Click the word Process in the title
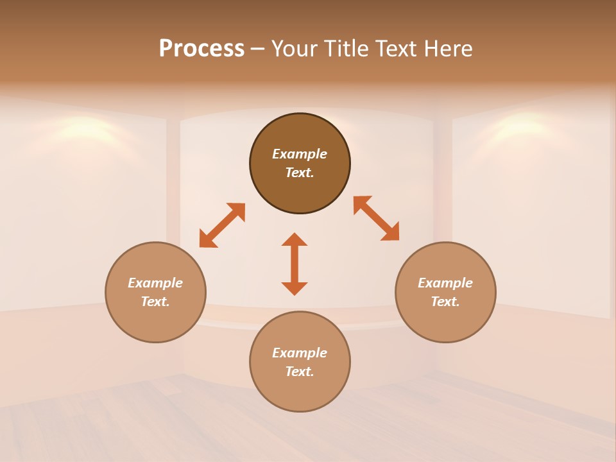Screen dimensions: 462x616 pos(201,49)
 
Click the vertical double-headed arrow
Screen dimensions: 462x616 pos(295,264)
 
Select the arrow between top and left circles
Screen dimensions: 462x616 pos(222,225)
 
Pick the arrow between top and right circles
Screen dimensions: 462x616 pos(376,219)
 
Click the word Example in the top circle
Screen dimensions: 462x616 pos(300,154)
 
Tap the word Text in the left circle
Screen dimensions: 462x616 pos(155,302)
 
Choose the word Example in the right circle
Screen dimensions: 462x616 pos(445,283)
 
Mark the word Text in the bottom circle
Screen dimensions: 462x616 pos(300,372)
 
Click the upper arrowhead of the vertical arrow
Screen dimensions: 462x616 pos(295,240)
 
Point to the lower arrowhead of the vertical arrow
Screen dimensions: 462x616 pos(295,288)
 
